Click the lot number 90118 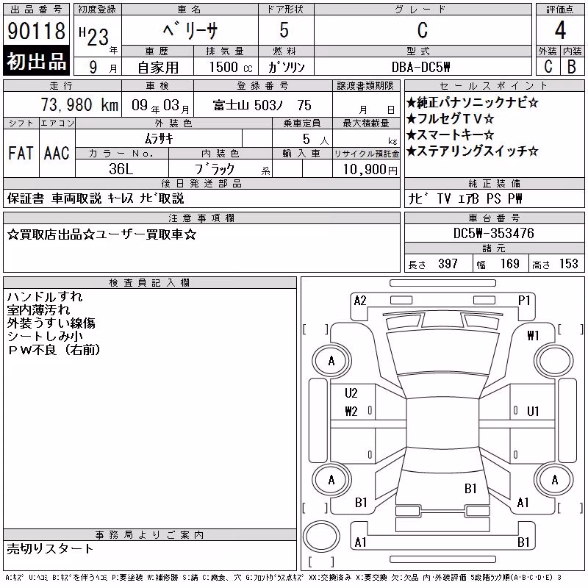click(36, 30)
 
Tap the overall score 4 click(560, 30)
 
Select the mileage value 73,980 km click(79, 104)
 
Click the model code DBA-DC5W click(420, 67)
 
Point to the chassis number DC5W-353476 click(493, 233)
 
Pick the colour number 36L click(121, 169)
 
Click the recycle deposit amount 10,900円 click(370, 170)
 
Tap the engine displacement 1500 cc click(231, 67)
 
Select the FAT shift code click(21, 153)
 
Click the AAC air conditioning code click(57, 153)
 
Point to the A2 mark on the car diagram click(360, 301)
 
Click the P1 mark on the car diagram click(524, 301)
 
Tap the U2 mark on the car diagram click(351, 393)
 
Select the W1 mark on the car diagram click(533, 336)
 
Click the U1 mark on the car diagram click(533, 412)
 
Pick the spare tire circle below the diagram click(321, 537)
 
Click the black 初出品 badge click(36, 61)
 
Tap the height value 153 click(568, 264)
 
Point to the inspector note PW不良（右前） click(54, 350)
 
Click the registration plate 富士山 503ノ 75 click(262, 105)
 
